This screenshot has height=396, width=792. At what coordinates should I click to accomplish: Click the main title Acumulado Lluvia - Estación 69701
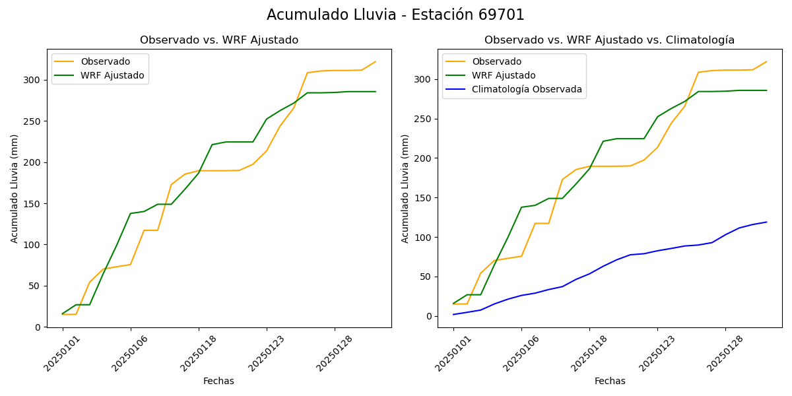[395, 15]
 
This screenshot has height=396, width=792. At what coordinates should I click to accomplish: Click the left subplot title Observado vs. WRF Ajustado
[219, 40]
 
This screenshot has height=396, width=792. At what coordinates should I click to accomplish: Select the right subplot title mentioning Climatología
[609, 40]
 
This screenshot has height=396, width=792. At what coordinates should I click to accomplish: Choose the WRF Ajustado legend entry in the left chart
[112, 75]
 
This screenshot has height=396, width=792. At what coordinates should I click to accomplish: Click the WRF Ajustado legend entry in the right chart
[504, 75]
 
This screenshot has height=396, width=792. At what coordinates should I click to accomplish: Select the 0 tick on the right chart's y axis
[430, 316]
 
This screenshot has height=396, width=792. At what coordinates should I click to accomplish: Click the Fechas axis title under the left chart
[218, 381]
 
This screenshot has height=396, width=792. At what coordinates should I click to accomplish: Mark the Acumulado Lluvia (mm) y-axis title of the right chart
[405, 188]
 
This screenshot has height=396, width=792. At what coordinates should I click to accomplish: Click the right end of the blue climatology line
[766, 222]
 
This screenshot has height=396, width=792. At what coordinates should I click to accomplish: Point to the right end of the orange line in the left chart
[376, 62]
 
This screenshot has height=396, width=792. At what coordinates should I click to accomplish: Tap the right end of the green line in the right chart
[766, 90]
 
